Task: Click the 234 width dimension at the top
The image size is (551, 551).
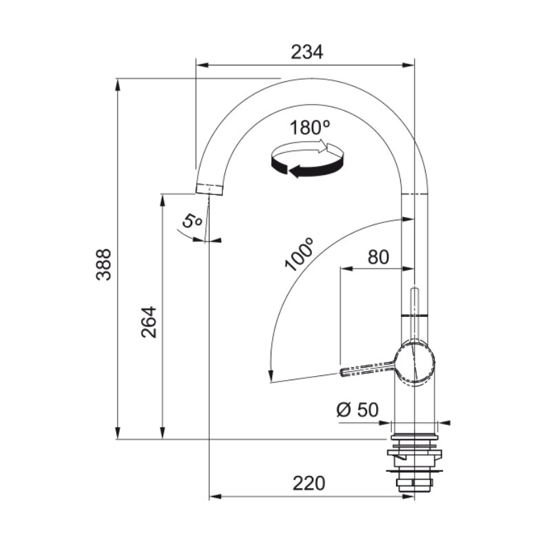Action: pyautogui.click(x=306, y=52)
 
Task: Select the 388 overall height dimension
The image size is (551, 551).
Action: pyautogui.click(x=103, y=264)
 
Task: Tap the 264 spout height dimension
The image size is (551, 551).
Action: pyautogui.click(x=149, y=322)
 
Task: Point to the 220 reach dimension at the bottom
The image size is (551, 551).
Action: pyautogui.click(x=309, y=484)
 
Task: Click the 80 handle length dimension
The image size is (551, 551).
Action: pyautogui.click(x=378, y=257)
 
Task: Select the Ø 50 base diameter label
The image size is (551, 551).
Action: pyautogui.click(x=357, y=410)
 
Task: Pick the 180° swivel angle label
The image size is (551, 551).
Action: pyautogui.click(x=310, y=127)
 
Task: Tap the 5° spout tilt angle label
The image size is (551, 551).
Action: pyautogui.click(x=192, y=222)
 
